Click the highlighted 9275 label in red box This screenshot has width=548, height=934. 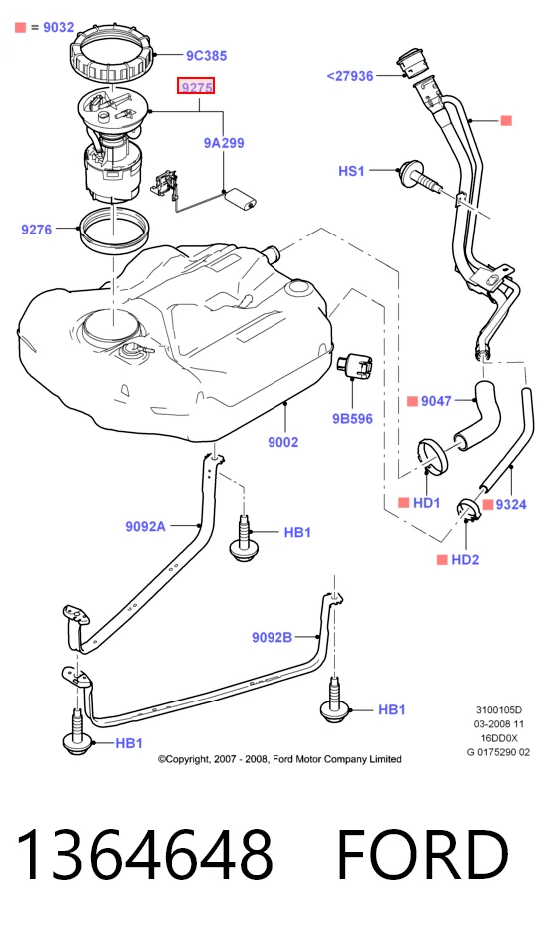pyautogui.click(x=197, y=87)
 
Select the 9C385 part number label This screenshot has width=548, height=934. pyautogui.click(x=206, y=56)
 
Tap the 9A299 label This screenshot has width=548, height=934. pyautogui.click(x=224, y=143)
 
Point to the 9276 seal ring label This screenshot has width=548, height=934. pyautogui.click(x=36, y=229)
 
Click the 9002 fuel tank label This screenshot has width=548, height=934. pyautogui.click(x=282, y=442)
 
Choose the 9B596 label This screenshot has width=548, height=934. pyautogui.click(x=352, y=419)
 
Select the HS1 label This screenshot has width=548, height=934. pyautogui.click(x=351, y=171)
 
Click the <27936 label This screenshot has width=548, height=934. pyautogui.click(x=350, y=76)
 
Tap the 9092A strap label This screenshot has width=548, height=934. pyautogui.click(x=146, y=526)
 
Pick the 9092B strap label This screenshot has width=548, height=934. pyautogui.click(x=272, y=637)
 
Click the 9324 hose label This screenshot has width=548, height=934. pyautogui.click(x=511, y=505)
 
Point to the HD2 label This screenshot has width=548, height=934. pyautogui.click(x=465, y=560)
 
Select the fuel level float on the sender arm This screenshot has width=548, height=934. pyautogui.click(x=240, y=198)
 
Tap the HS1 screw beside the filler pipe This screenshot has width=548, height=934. pyautogui.click(x=421, y=177)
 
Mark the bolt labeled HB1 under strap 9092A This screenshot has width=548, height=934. pyautogui.click(x=242, y=538)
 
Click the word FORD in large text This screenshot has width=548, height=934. pyautogui.click(x=422, y=853)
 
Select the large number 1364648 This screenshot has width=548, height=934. pyautogui.click(x=144, y=853)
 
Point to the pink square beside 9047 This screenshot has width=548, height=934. pyautogui.click(x=412, y=401)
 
